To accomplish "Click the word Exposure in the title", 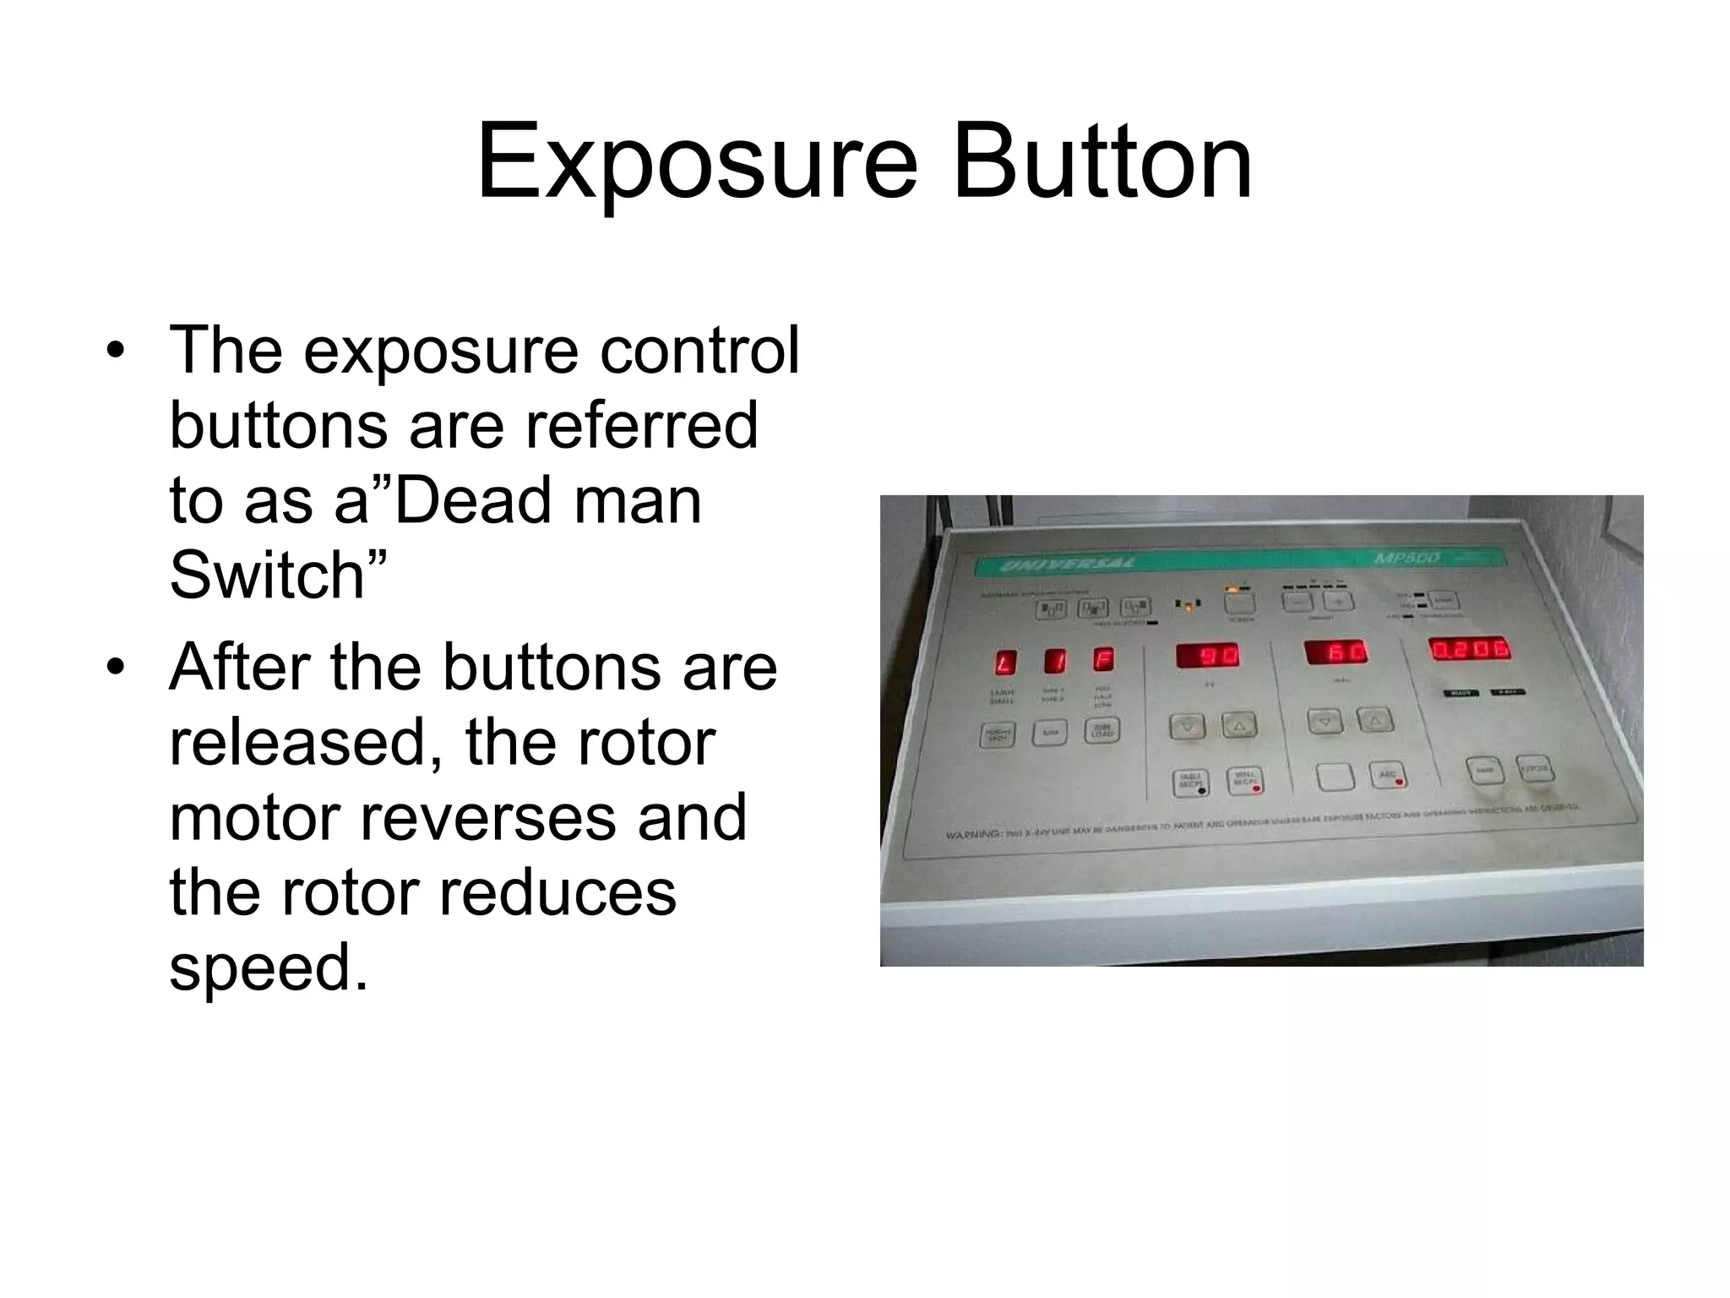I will tap(696, 161).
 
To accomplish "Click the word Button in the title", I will tap(1102, 161).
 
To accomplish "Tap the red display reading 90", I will tap(1209, 655).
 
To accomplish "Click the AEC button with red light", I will tap(1388, 775).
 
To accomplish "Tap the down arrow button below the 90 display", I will tap(1188, 726).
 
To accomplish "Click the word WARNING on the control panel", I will tap(973, 834).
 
